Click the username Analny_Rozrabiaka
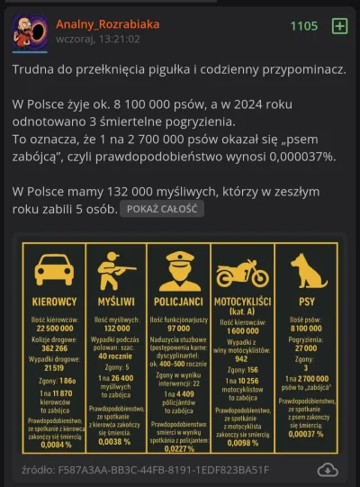coord(107,24)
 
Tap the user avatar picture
coord(30,32)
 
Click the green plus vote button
coord(339,26)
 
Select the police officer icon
coord(178,269)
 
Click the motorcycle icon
coord(242,272)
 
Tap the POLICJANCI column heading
coord(178,302)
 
